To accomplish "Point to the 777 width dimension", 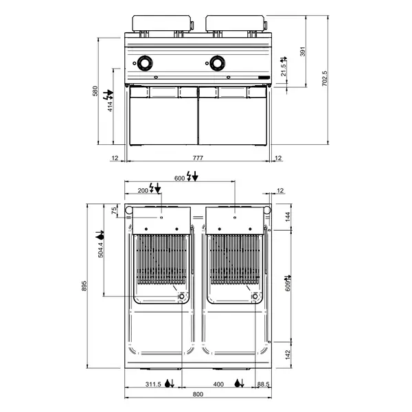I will point(198,159).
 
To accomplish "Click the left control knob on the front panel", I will point(146,63).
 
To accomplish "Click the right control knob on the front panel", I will point(218,63).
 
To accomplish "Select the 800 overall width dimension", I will point(198,394).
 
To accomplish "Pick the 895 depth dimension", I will point(85,289).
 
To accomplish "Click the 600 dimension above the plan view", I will point(180,178).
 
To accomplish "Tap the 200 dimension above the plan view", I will point(144,190).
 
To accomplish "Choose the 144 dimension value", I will point(288,217).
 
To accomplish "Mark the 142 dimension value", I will point(288,355).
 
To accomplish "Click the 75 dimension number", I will point(114,211).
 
